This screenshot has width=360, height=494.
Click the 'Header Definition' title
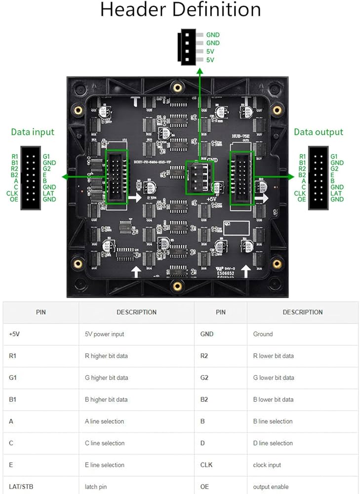pos(180,10)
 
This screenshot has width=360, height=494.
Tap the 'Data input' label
pos(33,132)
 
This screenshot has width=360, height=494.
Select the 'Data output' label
pos(318,132)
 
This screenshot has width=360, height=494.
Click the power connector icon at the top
pos(189,47)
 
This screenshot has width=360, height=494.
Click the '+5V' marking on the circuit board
pos(211,199)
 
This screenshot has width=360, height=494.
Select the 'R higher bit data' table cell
pos(106,356)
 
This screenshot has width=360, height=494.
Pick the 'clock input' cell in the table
pos(267,465)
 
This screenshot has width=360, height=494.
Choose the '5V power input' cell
pos(104,334)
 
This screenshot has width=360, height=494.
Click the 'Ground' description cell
pos(263,334)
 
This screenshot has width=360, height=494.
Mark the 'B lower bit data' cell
pos(273,400)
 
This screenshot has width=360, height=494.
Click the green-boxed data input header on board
pos(117,177)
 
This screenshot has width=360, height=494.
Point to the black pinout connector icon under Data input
pos(30,178)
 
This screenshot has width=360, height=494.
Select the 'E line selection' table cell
pos(104,465)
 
